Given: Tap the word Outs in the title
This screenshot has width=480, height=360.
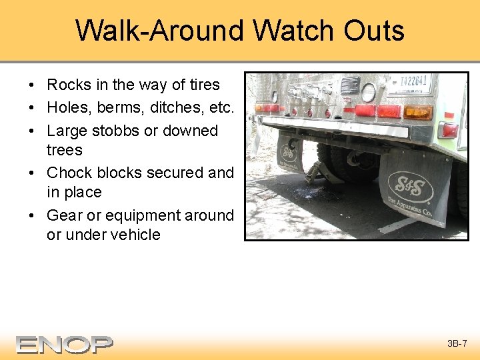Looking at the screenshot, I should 374,31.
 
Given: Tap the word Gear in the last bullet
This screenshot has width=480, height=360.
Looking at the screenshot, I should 63,215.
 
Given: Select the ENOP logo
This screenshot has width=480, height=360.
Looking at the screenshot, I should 65,344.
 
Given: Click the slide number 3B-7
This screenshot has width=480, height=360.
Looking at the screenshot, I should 457,344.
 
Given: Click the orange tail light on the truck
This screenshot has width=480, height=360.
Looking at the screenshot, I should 418,112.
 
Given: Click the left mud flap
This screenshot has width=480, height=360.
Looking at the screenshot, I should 289,153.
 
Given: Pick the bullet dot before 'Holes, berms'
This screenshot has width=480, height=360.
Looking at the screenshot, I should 32,108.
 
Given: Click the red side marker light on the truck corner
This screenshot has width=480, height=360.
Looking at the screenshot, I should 450,129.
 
